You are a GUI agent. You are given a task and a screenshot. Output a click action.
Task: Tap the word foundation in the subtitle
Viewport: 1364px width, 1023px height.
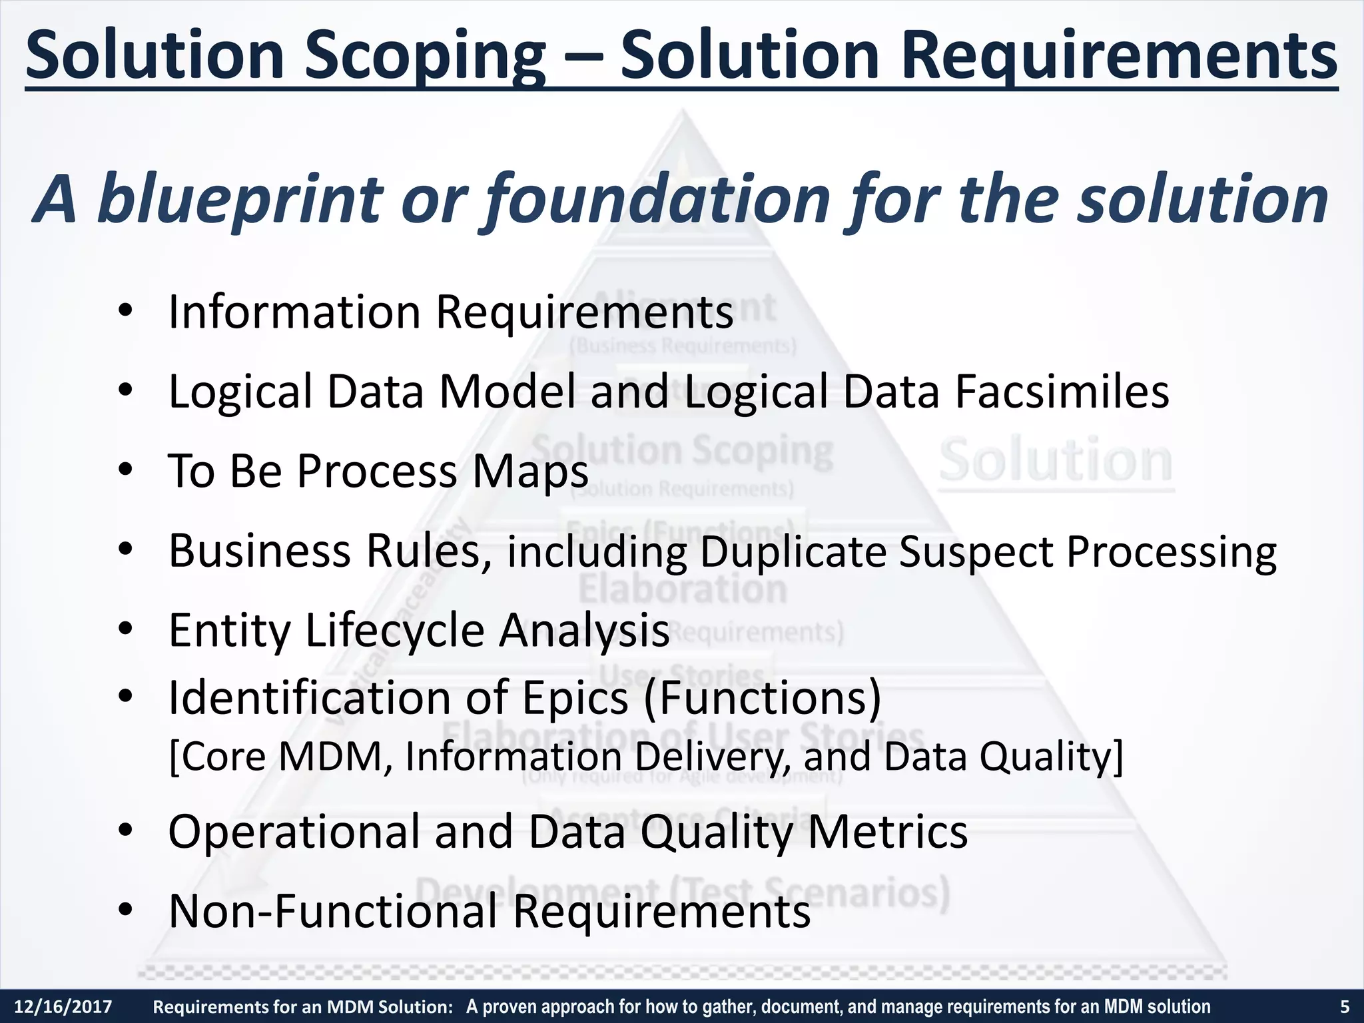(x=655, y=199)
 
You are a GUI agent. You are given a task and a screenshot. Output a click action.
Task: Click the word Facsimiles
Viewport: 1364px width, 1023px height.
(x=1062, y=392)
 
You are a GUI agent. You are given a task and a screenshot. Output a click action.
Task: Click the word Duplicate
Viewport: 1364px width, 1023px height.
(x=793, y=551)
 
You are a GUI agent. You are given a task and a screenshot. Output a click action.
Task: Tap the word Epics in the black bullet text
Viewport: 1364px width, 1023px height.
(x=575, y=698)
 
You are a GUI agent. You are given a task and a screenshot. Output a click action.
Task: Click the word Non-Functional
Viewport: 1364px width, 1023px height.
(x=333, y=911)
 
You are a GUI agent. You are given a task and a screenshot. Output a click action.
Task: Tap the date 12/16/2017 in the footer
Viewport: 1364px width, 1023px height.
(x=63, y=1006)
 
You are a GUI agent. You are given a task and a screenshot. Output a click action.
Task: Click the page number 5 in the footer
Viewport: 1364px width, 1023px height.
(x=1344, y=1006)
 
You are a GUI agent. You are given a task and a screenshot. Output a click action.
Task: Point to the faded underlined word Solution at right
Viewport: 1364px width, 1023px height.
(x=1056, y=461)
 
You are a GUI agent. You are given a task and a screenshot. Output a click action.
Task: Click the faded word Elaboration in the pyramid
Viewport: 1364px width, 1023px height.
(x=683, y=589)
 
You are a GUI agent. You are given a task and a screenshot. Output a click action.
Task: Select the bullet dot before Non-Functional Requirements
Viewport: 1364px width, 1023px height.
(x=125, y=910)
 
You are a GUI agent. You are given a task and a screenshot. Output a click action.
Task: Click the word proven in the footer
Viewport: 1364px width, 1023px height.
(x=510, y=1006)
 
